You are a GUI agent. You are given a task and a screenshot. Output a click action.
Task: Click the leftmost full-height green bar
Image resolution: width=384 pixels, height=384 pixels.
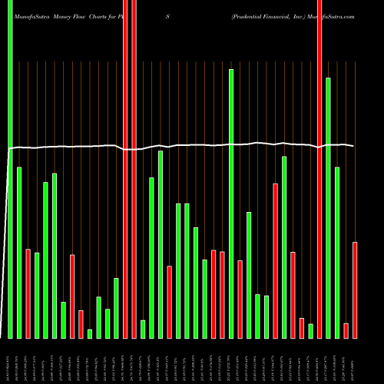click(10, 169)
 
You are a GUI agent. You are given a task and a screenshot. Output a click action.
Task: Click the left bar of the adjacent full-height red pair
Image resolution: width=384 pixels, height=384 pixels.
click(125, 169)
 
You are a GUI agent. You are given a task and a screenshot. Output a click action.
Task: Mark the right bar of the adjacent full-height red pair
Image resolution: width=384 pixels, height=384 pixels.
click(134, 169)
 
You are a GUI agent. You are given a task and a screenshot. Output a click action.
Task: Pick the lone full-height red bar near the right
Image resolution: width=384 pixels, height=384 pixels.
click(319, 169)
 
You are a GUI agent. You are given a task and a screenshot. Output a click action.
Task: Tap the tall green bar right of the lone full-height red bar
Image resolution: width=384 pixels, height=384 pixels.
click(328, 207)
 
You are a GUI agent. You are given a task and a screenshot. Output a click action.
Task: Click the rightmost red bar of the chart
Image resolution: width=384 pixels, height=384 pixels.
click(355, 290)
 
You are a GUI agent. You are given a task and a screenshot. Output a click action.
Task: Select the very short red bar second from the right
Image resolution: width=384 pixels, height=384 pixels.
click(346, 330)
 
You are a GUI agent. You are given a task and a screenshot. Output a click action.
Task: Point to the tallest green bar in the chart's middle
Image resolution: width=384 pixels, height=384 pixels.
click(231, 204)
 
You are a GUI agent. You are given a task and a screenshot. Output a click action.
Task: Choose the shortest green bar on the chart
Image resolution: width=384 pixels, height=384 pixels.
click(90, 333)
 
